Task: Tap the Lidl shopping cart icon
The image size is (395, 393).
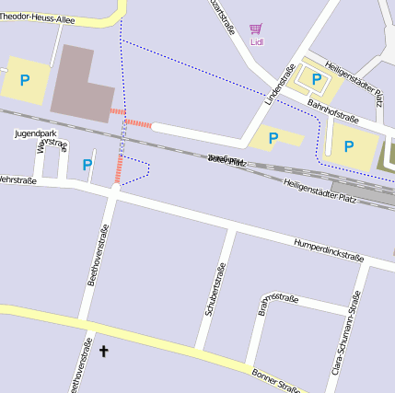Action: (x=255, y=29)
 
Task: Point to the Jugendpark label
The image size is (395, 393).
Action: (x=35, y=133)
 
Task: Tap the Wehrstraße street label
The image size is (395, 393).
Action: (x=17, y=180)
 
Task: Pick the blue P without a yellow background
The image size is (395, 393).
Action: (x=87, y=165)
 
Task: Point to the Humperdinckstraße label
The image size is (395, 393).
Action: (x=329, y=249)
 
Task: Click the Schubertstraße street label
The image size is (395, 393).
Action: (x=215, y=290)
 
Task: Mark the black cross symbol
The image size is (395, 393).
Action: (x=103, y=351)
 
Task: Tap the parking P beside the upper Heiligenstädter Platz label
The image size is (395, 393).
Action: (x=317, y=80)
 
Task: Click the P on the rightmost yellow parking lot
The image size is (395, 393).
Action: (x=349, y=145)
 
